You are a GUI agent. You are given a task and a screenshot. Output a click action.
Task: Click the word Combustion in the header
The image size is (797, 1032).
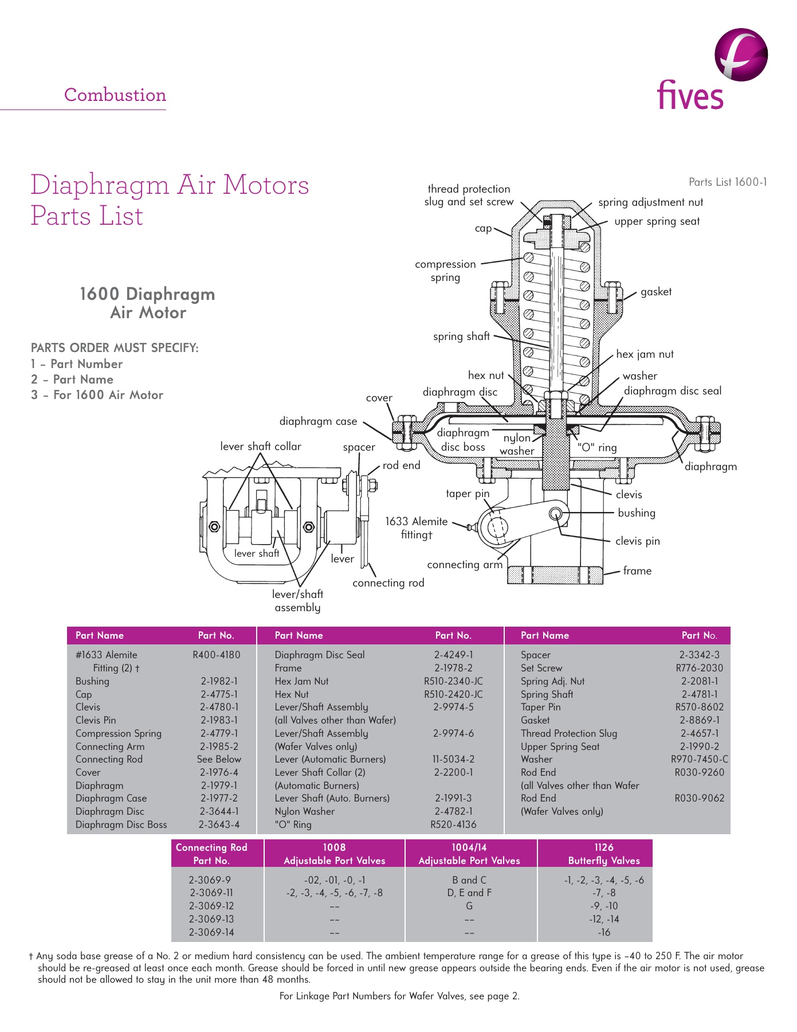click(x=115, y=95)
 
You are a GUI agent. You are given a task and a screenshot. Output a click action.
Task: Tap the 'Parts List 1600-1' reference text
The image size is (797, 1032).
click(x=727, y=182)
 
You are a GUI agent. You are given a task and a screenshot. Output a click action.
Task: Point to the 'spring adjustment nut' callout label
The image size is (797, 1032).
click(x=650, y=202)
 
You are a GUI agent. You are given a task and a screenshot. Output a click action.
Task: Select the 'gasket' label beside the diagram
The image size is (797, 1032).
click(x=655, y=292)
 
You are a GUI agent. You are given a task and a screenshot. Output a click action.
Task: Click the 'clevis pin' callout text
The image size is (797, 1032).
click(x=637, y=541)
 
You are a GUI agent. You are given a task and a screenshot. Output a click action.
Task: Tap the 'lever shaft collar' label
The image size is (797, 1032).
click(x=261, y=447)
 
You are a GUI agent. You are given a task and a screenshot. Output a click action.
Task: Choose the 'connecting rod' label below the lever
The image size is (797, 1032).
click(x=388, y=583)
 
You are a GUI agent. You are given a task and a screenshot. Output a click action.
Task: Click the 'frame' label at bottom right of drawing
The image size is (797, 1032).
click(x=637, y=571)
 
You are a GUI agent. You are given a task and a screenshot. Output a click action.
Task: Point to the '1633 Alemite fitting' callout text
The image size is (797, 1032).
click(x=417, y=528)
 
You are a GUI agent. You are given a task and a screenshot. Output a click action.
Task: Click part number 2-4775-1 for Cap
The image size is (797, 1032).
click(x=219, y=694)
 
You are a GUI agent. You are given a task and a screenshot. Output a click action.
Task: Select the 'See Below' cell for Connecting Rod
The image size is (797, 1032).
click(x=219, y=759)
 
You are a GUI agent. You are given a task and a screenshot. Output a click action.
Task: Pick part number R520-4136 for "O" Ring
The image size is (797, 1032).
click(x=453, y=824)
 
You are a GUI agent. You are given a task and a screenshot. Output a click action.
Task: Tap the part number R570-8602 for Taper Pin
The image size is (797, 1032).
click(x=699, y=707)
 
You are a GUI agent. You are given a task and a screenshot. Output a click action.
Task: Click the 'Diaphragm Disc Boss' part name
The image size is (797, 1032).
click(x=121, y=824)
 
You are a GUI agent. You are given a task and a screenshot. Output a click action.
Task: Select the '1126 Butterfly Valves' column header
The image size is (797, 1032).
click(x=604, y=854)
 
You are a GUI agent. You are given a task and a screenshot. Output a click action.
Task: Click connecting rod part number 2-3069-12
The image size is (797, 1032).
click(x=211, y=906)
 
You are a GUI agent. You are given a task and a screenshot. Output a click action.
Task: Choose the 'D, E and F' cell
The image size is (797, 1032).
click(x=469, y=893)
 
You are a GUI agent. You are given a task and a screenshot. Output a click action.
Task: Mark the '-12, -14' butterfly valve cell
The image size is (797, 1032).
click(x=604, y=919)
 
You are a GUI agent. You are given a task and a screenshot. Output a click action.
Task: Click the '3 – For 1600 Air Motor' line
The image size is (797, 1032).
click(x=97, y=395)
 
